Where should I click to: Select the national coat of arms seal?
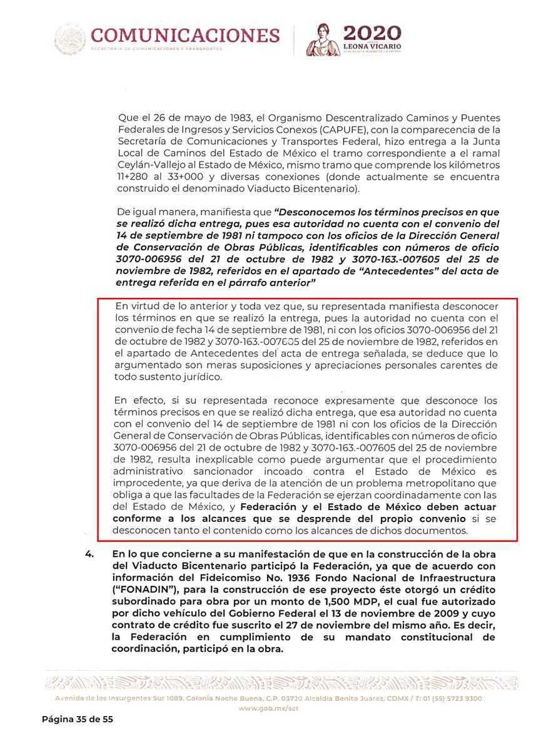[x=69, y=39]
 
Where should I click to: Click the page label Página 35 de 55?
[x=78, y=720]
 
